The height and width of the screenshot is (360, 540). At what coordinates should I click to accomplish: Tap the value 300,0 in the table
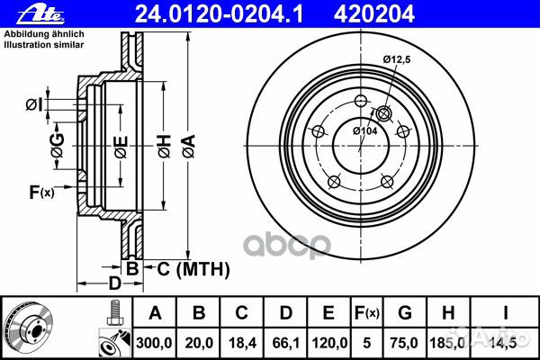point(154,342)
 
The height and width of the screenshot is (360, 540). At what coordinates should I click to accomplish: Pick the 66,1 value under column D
point(283,342)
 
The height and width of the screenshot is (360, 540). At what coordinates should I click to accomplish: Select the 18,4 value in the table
point(240,342)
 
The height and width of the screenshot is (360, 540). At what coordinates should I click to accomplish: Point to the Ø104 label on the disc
point(364,131)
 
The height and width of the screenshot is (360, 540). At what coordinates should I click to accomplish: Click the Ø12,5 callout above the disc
point(396,59)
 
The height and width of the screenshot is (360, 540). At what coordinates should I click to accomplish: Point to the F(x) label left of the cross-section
point(41,192)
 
